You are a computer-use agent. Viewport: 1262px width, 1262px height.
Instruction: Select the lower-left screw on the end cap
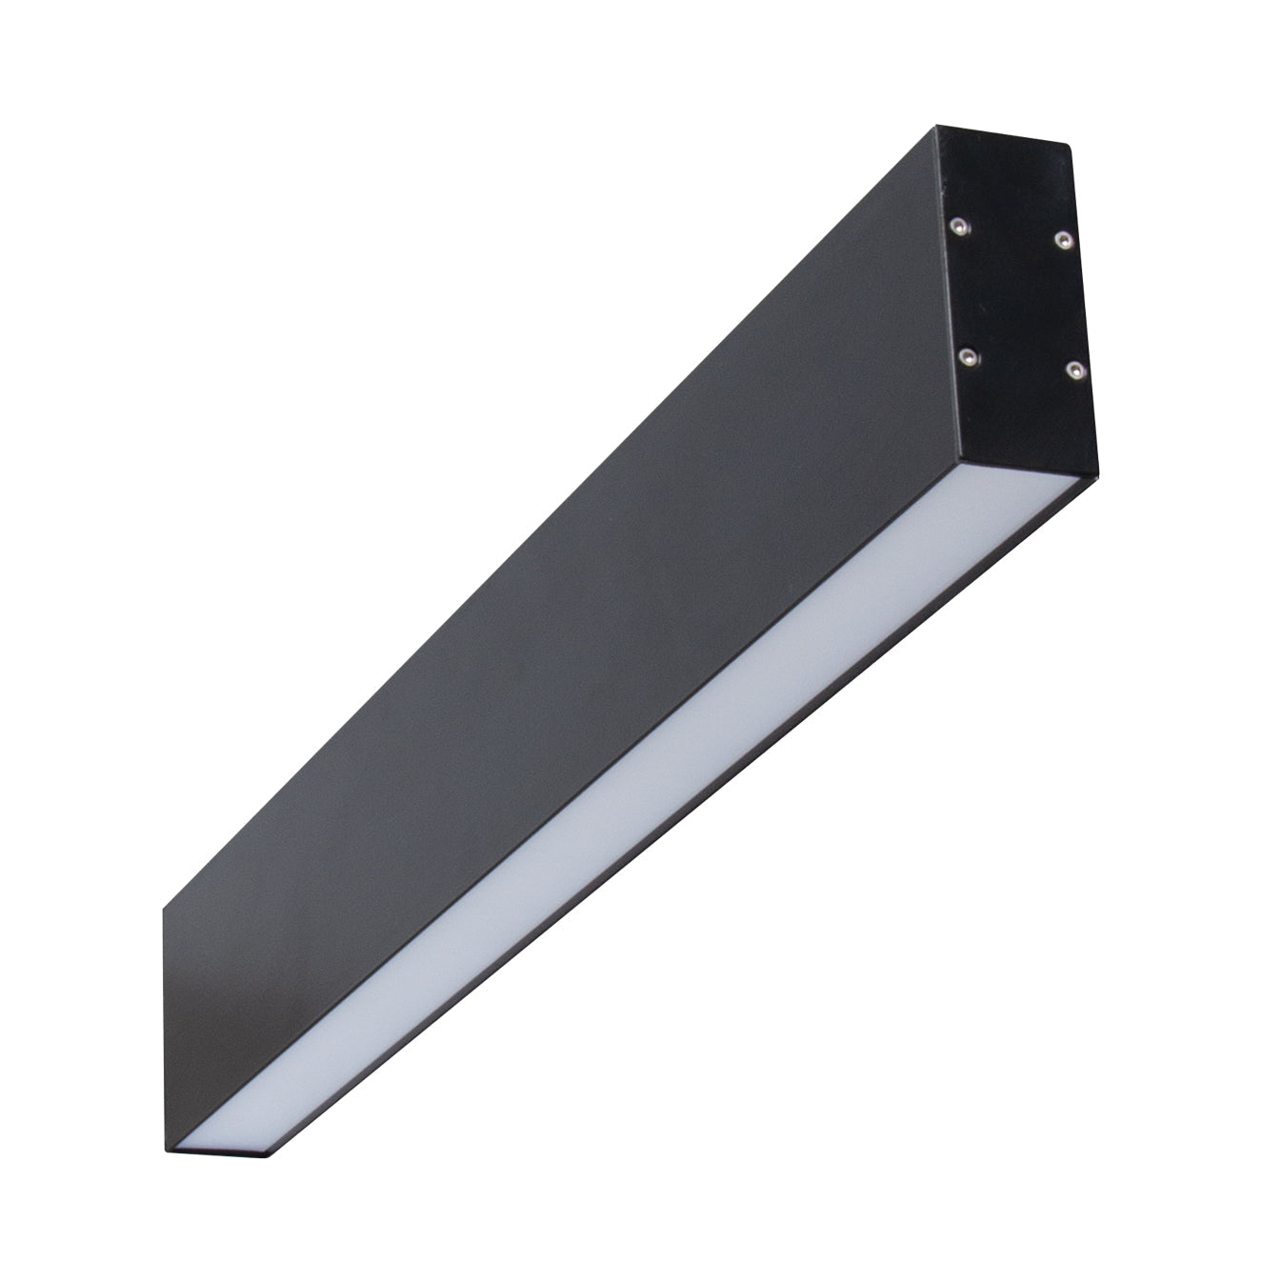[x=968, y=356]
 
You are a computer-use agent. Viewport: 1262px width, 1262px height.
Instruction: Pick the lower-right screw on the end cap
[x=1074, y=369]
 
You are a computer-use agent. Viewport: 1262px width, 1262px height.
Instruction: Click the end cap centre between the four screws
[x=1015, y=297]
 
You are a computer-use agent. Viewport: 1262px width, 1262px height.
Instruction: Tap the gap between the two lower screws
[x=1021, y=363]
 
